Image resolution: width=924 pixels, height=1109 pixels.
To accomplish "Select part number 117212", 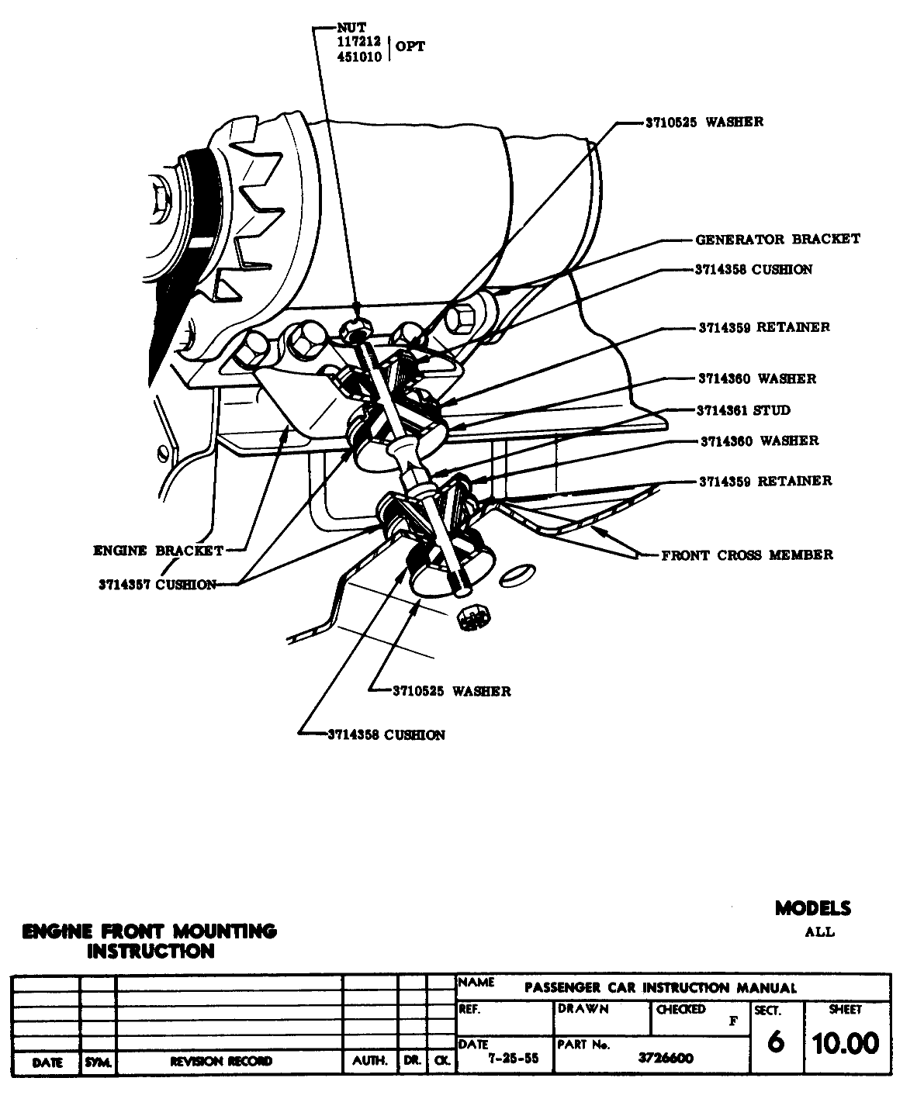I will coord(358,42).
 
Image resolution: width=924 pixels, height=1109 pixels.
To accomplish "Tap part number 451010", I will coord(358,57).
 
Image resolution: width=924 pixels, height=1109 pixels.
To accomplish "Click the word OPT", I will coord(410,47).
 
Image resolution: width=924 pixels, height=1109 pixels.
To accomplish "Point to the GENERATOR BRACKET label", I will coord(777,239).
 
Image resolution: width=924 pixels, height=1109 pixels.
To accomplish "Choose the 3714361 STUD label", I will coord(743,410).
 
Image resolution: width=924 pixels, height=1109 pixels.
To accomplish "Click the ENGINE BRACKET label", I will coord(158,551).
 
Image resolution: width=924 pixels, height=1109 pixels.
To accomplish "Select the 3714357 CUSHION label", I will coord(157,585).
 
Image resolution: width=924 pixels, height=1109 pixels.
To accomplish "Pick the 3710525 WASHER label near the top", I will coord(704,122).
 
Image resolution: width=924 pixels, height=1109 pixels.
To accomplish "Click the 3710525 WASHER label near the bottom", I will coord(452,691).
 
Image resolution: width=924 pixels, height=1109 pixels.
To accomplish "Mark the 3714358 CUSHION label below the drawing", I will coord(386,734).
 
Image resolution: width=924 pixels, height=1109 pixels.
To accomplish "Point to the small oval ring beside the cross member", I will coord(517,575).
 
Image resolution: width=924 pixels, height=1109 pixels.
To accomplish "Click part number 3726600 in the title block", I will coord(666,1058).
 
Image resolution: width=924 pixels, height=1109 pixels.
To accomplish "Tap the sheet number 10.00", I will coord(846,1044).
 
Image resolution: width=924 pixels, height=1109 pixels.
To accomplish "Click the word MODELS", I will coord(812,908).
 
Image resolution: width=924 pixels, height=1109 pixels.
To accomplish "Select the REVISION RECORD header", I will coord(221,1062).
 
